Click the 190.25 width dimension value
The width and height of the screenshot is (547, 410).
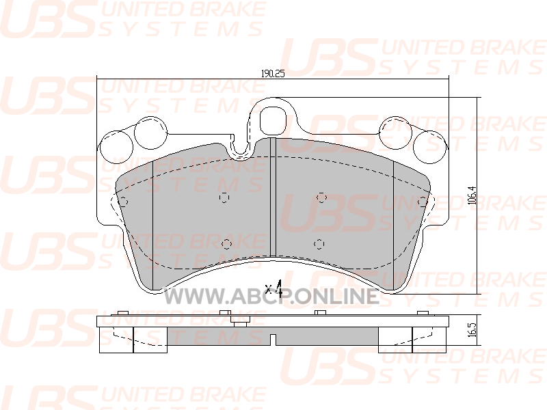click(273, 74)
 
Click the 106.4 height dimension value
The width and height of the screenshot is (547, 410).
click(472, 195)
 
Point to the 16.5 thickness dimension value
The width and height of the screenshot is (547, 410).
click(472, 329)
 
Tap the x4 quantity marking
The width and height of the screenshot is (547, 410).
click(273, 288)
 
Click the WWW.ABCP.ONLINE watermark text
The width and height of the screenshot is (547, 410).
click(271, 297)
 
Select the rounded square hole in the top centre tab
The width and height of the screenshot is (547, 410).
click(273, 121)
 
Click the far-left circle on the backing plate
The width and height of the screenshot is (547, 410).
click(116, 148)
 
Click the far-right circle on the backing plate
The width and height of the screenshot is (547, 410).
click(430, 148)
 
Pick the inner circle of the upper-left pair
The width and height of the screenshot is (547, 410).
click(150, 133)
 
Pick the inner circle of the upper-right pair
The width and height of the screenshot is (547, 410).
click(396, 133)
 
